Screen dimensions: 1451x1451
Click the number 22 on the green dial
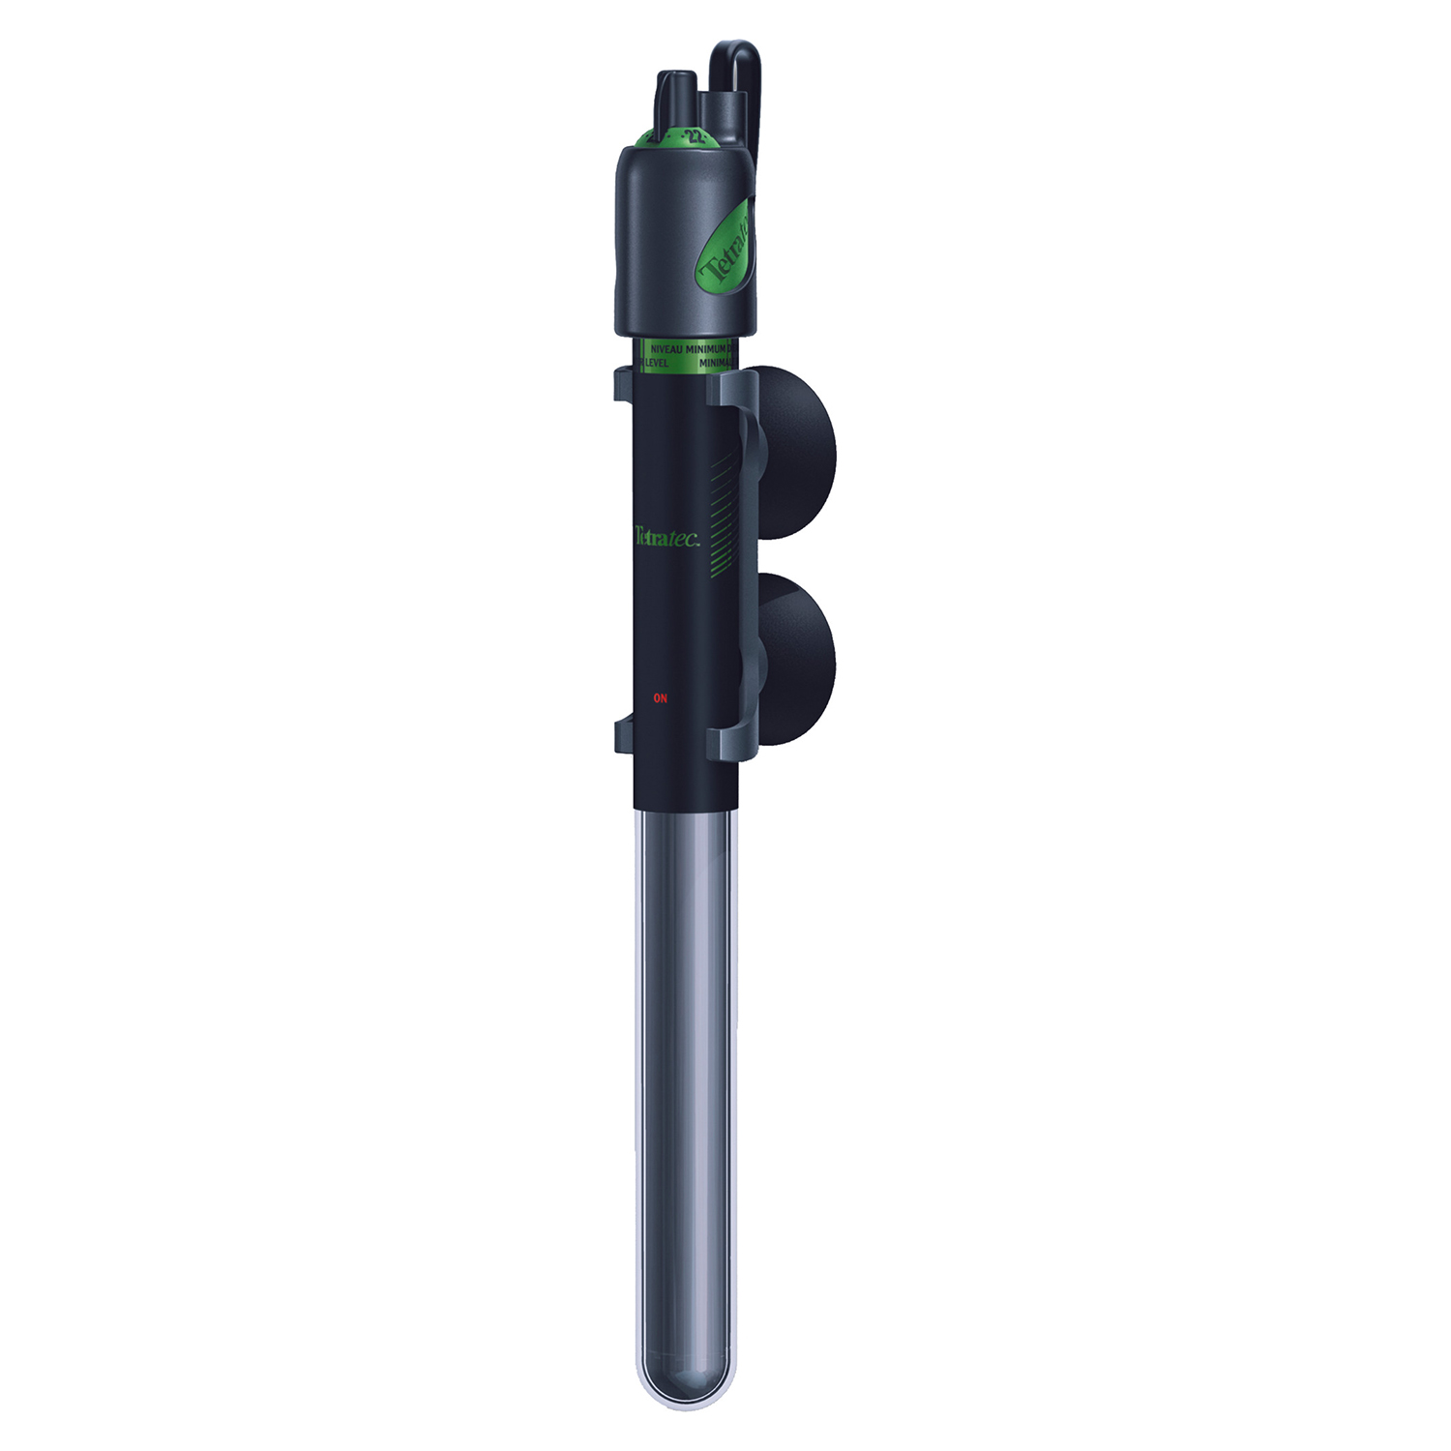click(694, 136)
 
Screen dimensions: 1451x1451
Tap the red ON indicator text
click(661, 697)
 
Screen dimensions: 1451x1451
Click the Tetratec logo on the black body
click(666, 538)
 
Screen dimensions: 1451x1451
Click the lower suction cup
click(798, 658)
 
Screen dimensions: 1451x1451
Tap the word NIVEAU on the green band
click(666, 348)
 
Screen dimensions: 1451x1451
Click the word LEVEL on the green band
click(657, 363)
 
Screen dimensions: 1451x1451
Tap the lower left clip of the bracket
click(624, 735)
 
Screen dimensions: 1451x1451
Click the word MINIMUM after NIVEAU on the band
click(706, 348)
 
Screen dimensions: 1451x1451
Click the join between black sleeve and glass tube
click(685, 808)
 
